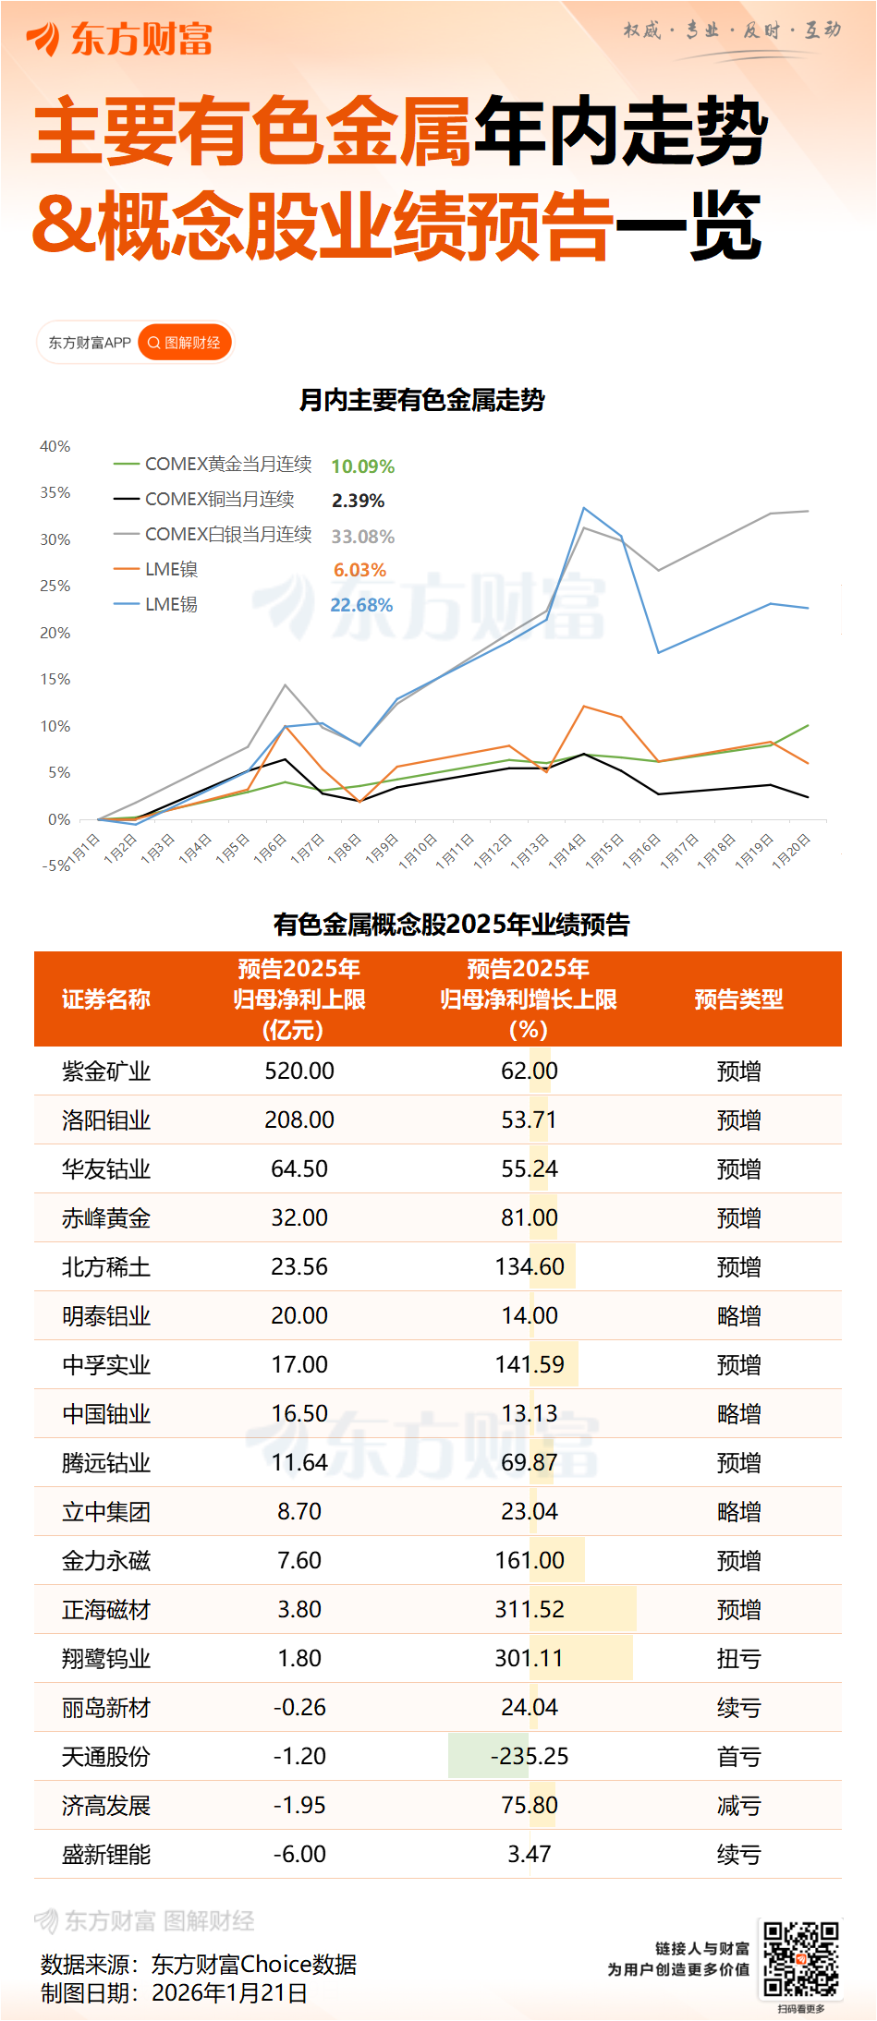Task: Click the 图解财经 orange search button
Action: pos(185,343)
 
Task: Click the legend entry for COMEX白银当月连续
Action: pos(227,535)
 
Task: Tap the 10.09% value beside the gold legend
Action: pos(362,466)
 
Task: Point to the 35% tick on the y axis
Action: pos(55,493)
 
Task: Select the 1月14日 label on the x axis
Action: pos(566,851)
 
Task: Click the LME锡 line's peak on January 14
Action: pos(584,508)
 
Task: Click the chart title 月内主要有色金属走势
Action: pos(421,400)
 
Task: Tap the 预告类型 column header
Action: pos(738,999)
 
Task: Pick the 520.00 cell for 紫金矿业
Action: pos(299,1071)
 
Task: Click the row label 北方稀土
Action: pos(106,1267)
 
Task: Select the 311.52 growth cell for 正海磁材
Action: pos(530,1610)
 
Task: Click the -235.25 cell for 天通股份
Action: pos(530,1757)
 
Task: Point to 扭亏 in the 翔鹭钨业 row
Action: pos(738,1659)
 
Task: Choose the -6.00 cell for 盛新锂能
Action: pos(299,1855)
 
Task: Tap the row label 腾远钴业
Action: pos(106,1463)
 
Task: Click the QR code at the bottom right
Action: pos(800,1959)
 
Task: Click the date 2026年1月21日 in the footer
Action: pos(229,1992)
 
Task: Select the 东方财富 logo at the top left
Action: pos(120,39)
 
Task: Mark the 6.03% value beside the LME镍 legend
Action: pos(359,571)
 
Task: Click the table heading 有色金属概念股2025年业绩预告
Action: pos(451,925)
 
